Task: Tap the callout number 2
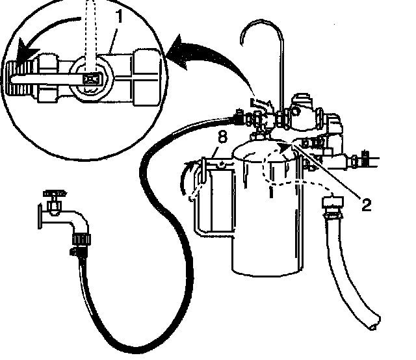[366, 205]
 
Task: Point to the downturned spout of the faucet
[81, 227]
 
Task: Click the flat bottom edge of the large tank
[266, 270]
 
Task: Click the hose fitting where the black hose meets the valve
[242, 119]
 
